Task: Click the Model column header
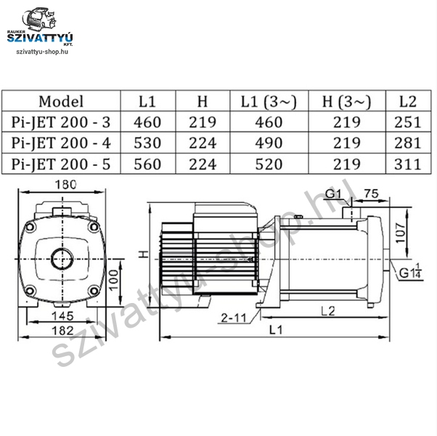click(x=61, y=101)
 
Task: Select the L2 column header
click(x=408, y=101)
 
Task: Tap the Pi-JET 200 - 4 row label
click(x=61, y=143)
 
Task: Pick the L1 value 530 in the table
click(x=147, y=143)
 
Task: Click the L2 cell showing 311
click(x=407, y=164)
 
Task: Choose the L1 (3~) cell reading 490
click(x=269, y=143)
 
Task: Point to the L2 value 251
click(x=407, y=122)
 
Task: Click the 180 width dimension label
click(x=65, y=185)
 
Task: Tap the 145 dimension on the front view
click(x=63, y=316)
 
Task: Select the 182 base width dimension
click(x=63, y=331)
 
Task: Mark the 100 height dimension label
click(x=114, y=280)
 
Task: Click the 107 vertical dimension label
click(x=401, y=233)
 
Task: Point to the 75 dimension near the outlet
click(x=372, y=193)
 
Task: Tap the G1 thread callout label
click(x=333, y=193)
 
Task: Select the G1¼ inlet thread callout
click(x=410, y=271)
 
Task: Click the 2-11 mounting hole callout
click(x=234, y=318)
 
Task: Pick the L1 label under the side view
click(x=276, y=330)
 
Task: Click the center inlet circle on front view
click(x=62, y=259)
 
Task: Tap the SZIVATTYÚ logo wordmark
click(x=40, y=38)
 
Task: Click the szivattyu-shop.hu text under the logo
click(x=42, y=52)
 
